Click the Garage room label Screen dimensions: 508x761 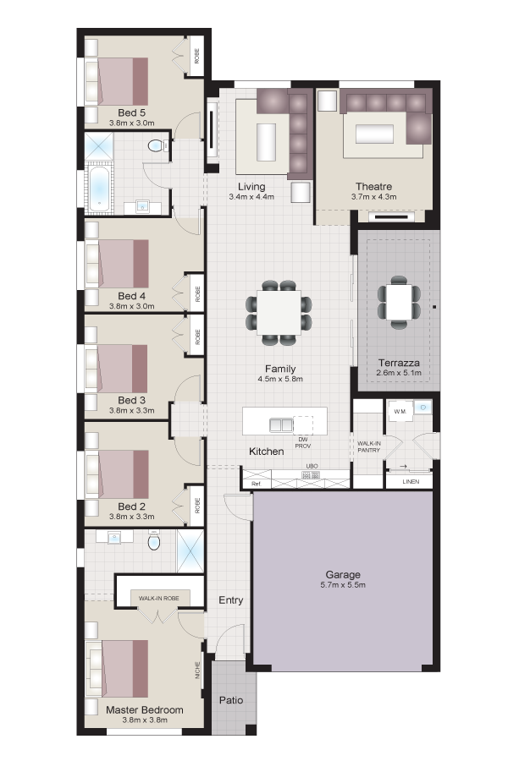[x=343, y=575]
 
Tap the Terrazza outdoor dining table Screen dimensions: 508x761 [x=399, y=303]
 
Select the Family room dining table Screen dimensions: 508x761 [x=279, y=313]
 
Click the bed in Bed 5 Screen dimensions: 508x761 [x=117, y=81]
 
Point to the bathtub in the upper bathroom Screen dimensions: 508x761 [x=99, y=189]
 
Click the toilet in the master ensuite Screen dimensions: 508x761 [x=154, y=540]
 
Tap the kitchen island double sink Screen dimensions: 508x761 [x=281, y=425]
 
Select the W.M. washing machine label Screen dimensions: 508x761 [x=400, y=412]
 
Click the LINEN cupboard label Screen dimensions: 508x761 [x=411, y=481]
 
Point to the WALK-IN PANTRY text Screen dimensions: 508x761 [x=369, y=447]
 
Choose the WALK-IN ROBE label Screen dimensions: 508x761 [x=158, y=598]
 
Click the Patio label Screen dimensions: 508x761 [x=231, y=700]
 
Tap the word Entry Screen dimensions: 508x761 [x=231, y=600]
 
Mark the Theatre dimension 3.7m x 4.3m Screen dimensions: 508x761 [x=374, y=196]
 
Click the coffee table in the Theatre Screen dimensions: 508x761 [x=374, y=134]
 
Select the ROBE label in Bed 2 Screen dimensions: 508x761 [x=197, y=506]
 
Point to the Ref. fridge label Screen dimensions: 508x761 [x=257, y=484]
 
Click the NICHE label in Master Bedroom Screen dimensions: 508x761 [x=197, y=671]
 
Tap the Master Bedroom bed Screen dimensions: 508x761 [x=117, y=669]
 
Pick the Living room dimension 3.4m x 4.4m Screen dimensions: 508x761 [x=251, y=196]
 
